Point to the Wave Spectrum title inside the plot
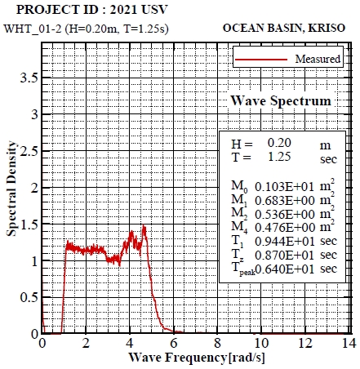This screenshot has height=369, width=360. click(281, 100)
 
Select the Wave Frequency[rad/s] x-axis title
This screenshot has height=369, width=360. click(196, 358)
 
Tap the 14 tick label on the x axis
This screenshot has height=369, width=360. click(348, 345)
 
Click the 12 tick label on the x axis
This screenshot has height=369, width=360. click(304, 345)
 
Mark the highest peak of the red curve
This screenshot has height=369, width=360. click(144, 226)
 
